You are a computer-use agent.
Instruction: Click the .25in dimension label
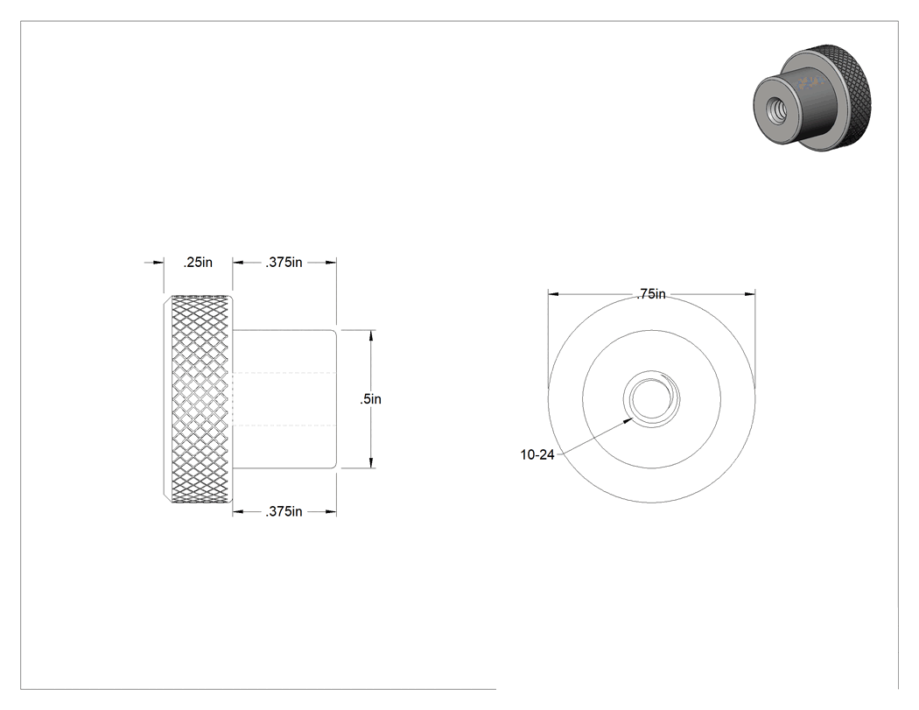(x=198, y=263)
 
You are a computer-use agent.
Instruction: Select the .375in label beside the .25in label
(x=284, y=263)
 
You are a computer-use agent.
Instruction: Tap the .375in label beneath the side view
(x=284, y=512)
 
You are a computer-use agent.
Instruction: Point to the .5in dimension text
(x=370, y=399)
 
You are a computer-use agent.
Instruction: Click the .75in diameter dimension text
(x=651, y=294)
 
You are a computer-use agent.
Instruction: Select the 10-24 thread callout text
(x=537, y=454)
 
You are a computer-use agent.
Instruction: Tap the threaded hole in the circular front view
(x=651, y=398)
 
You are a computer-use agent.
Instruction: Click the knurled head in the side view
(x=198, y=399)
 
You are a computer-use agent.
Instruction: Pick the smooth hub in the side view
(x=284, y=399)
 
